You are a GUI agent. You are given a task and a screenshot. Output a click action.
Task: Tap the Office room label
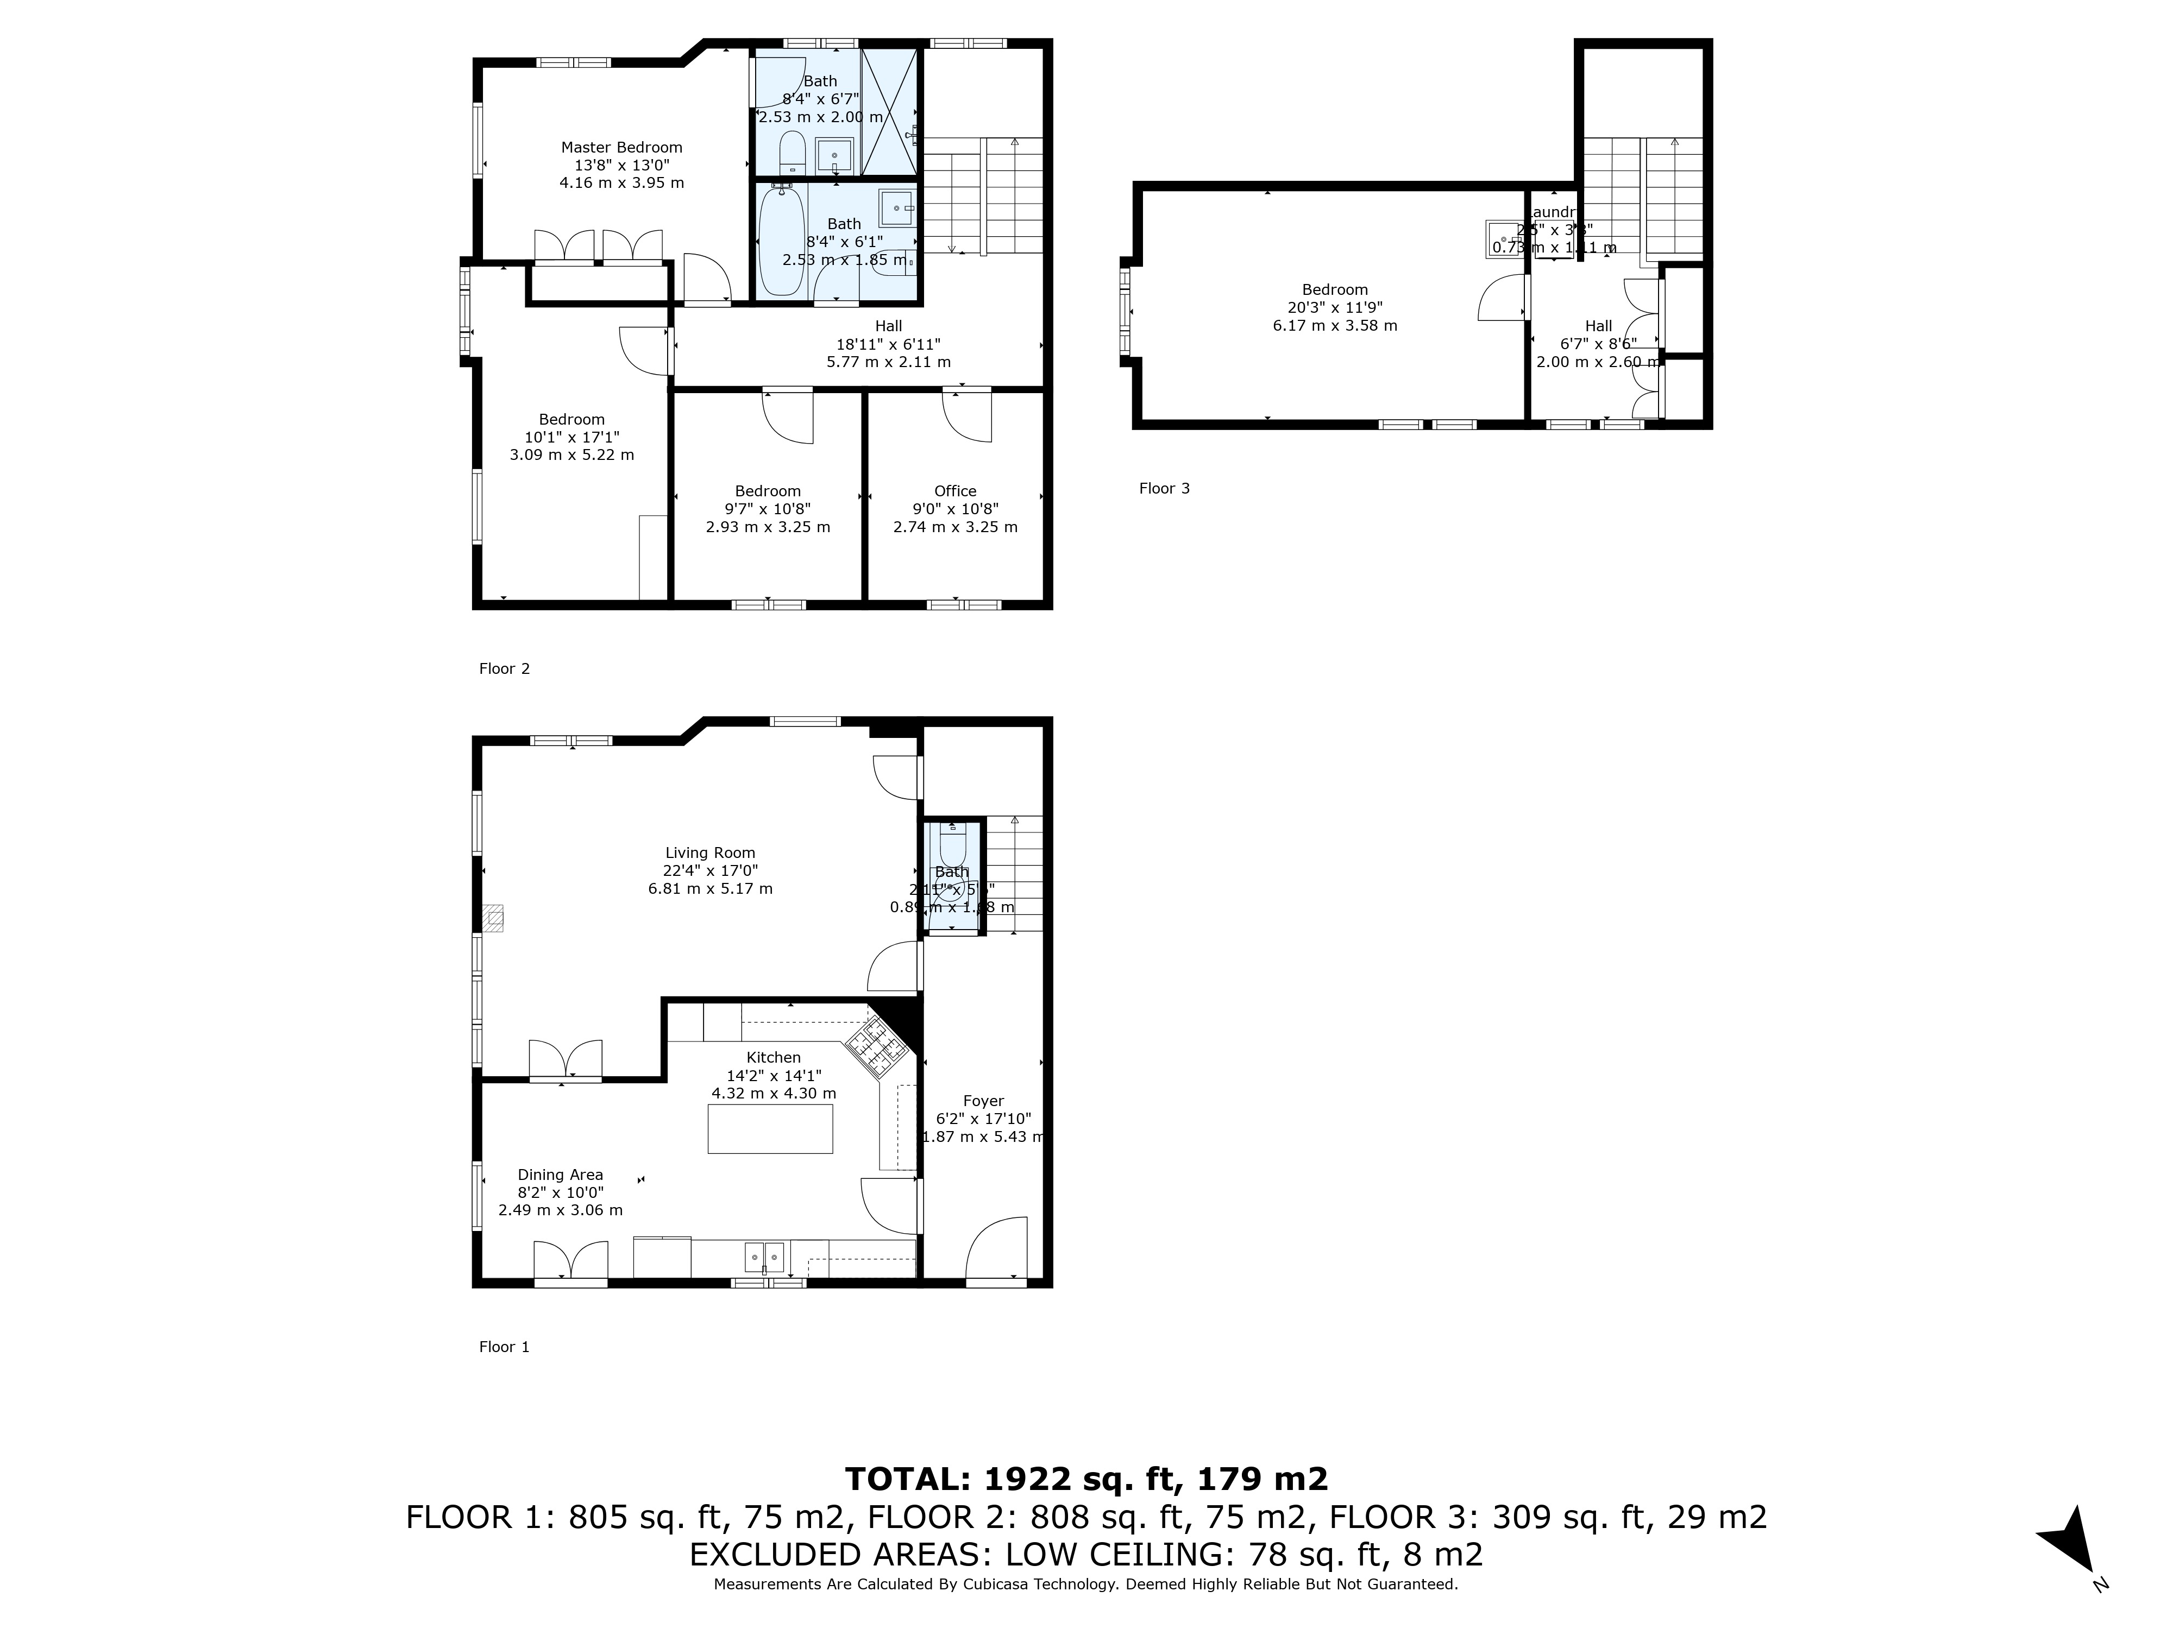coord(955,491)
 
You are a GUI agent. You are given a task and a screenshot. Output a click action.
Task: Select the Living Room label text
coord(709,853)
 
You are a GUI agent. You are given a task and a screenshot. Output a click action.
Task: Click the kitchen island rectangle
coord(770,1128)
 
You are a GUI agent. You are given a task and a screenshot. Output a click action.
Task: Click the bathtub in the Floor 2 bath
coord(782,241)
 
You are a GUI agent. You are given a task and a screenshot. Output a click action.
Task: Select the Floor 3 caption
coord(1164,488)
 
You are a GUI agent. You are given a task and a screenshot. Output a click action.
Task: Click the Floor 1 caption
coord(504,1347)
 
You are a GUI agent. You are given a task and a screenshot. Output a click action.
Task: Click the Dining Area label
coord(560,1175)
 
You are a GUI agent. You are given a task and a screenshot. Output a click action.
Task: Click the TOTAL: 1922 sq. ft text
coord(1085,1479)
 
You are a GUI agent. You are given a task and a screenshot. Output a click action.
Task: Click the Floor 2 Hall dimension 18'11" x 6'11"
coord(888,344)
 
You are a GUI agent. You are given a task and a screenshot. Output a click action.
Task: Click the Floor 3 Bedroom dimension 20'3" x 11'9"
coord(1334,307)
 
